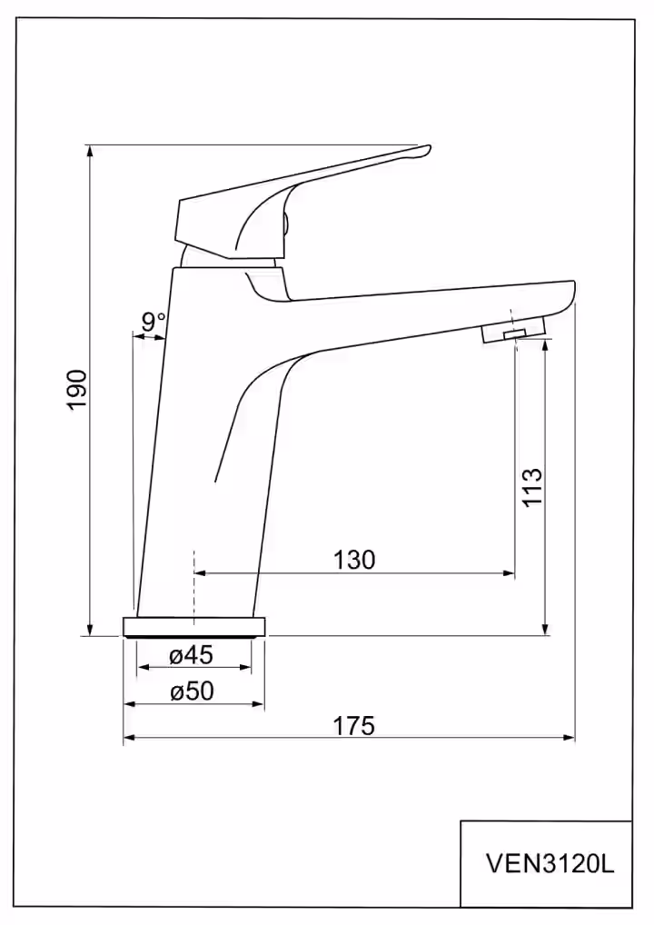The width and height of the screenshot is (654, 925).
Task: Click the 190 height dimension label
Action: tap(76, 389)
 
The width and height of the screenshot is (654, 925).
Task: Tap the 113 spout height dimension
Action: tap(532, 486)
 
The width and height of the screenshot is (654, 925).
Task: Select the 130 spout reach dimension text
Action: tap(354, 559)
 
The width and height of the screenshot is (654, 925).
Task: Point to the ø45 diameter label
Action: tap(191, 655)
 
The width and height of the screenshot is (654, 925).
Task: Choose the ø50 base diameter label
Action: tap(192, 691)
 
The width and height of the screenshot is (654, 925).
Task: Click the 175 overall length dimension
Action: tap(354, 726)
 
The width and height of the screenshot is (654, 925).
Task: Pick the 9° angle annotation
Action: tap(153, 322)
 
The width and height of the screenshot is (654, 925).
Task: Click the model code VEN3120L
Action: tap(550, 864)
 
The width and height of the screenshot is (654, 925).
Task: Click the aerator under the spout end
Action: tap(512, 331)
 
